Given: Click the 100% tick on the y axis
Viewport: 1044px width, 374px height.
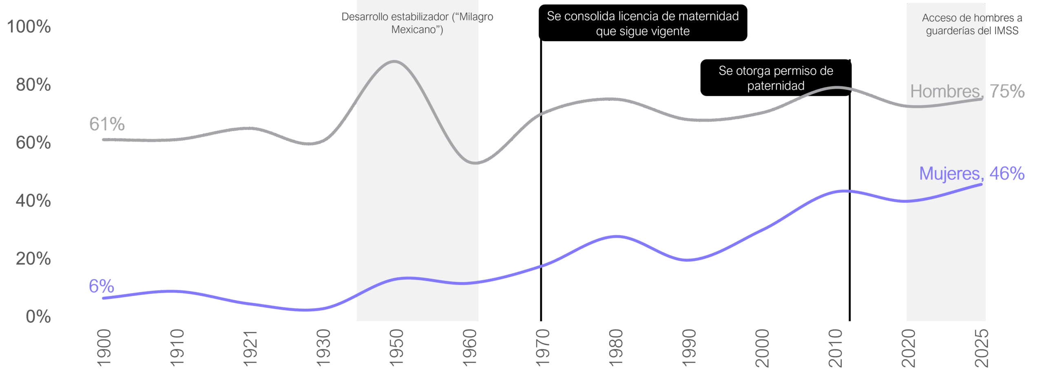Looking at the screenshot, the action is [x=29, y=26].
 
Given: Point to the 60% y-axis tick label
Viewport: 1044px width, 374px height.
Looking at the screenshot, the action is [x=33, y=143].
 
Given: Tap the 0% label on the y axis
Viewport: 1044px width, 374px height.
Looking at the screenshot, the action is [x=38, y=317].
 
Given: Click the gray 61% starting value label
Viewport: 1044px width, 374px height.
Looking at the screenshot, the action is [x=107, y=124].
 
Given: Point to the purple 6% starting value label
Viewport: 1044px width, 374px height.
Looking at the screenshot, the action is [x=102, y=286].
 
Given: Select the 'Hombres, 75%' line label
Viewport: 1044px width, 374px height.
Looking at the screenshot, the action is [x=967, y=91].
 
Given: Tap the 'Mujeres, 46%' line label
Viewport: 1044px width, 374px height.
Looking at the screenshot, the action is [x=972, y=174].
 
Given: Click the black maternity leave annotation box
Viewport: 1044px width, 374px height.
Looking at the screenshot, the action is [x=643, y=23].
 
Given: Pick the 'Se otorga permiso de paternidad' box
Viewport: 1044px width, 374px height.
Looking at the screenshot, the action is [x=776, y=78].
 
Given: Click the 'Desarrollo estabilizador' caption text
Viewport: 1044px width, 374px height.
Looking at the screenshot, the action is [x=417, y=23].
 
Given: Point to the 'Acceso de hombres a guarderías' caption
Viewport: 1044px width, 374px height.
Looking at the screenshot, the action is [x=972, y=24].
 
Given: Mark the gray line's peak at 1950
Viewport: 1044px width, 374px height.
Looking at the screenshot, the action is [x=394, y=62].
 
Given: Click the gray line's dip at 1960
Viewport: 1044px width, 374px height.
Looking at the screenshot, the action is [x=476, y=163].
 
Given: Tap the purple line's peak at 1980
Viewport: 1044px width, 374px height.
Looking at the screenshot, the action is [x=617, y=236].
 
